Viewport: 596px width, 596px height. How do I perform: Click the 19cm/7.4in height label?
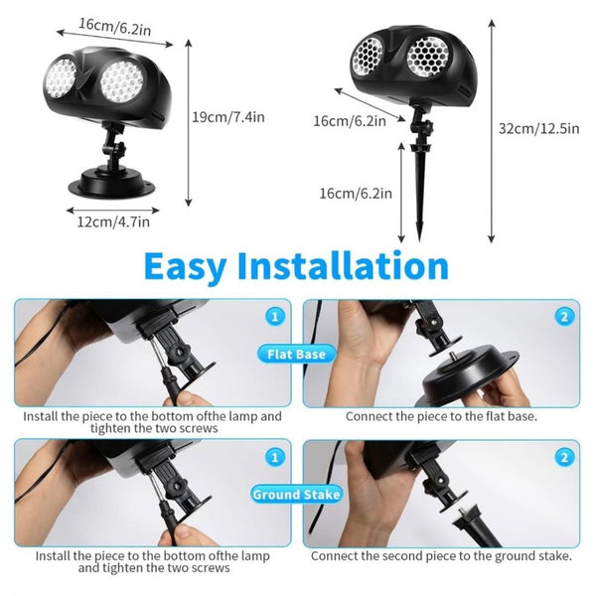(228, 117)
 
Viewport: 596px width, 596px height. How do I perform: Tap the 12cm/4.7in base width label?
(113, 222)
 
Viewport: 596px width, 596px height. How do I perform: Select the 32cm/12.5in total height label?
(539, 128)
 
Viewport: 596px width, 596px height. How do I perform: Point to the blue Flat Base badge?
(296, 355)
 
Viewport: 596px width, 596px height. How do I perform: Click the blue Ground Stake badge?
(296, 494)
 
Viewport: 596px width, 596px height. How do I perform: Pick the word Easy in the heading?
(186, 267)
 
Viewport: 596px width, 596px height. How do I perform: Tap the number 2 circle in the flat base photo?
(564, 317)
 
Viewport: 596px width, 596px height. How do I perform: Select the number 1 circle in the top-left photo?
(275, 317)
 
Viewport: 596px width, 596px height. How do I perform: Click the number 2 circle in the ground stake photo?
(564, 457)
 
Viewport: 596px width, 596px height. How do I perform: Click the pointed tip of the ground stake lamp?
(419, 239)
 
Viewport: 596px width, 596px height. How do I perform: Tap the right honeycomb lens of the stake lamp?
(428, 58)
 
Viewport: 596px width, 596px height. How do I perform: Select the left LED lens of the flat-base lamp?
(61, 77)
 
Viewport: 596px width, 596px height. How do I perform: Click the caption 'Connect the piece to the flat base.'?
(441, 416)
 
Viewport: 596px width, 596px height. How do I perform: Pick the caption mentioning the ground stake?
(441, 556)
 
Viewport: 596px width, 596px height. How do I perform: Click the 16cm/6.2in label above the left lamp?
(115, 26)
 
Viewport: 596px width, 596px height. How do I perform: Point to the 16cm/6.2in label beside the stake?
(356, 193)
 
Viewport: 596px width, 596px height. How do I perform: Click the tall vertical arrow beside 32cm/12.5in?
(492, 131)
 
